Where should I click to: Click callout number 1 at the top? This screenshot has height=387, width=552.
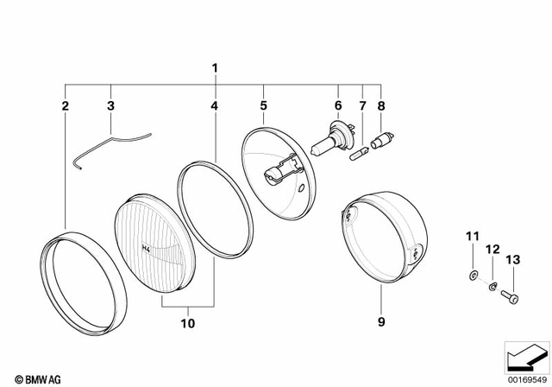click(216, 67)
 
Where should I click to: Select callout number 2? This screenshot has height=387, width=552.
click(65, 106)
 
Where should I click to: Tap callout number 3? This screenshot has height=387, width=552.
click(110, 106)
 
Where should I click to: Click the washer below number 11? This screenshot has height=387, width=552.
click(473, 275)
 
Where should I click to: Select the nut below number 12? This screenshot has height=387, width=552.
click(491, 285)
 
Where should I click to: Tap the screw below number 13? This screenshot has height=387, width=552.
click(508, 295)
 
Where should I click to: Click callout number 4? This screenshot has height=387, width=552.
click(214, 106)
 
